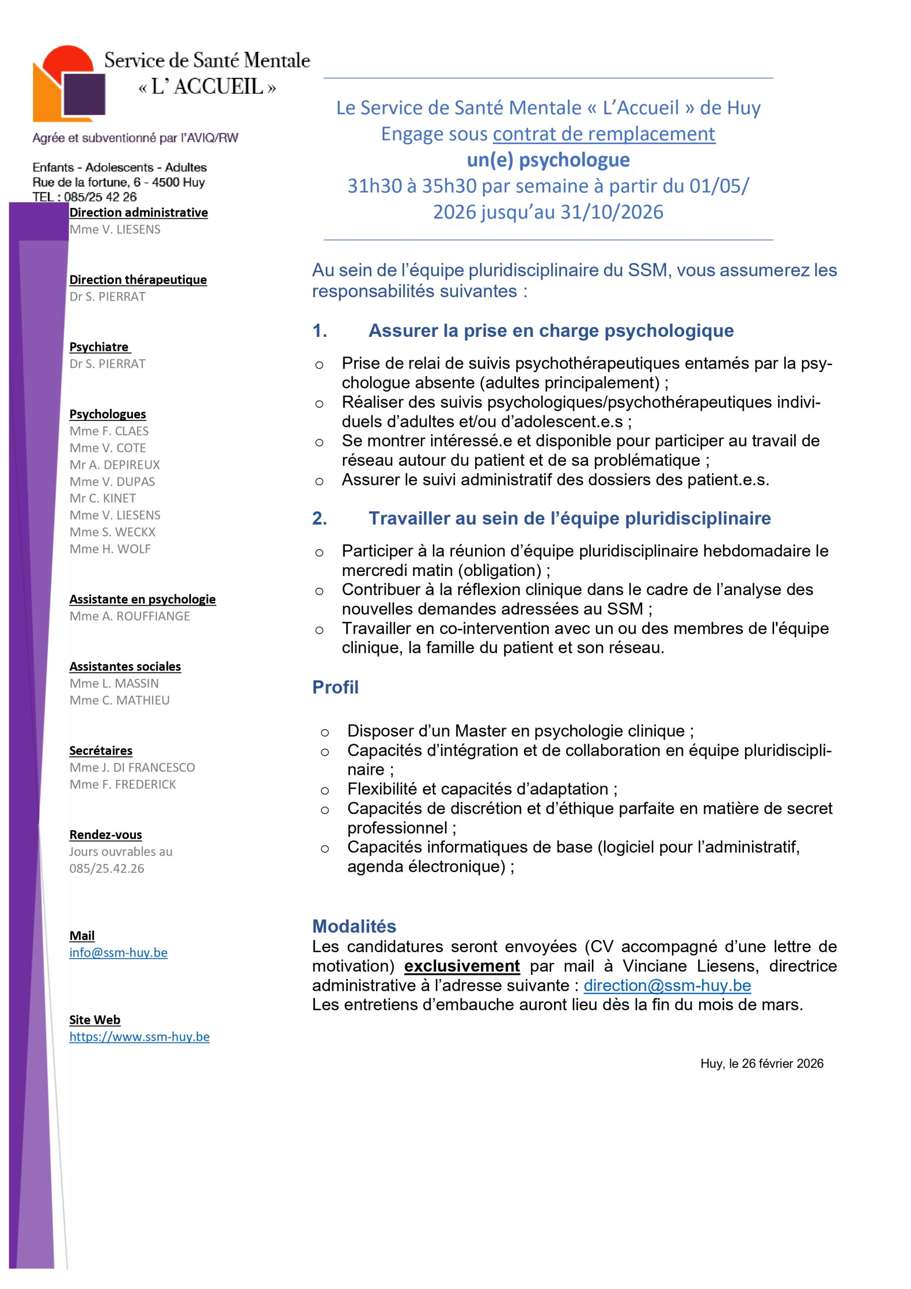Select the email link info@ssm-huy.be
coord(118,953)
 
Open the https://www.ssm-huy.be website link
coord(139,1037)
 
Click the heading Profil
coord(335,687)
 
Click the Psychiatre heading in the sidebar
coord(99,347)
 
